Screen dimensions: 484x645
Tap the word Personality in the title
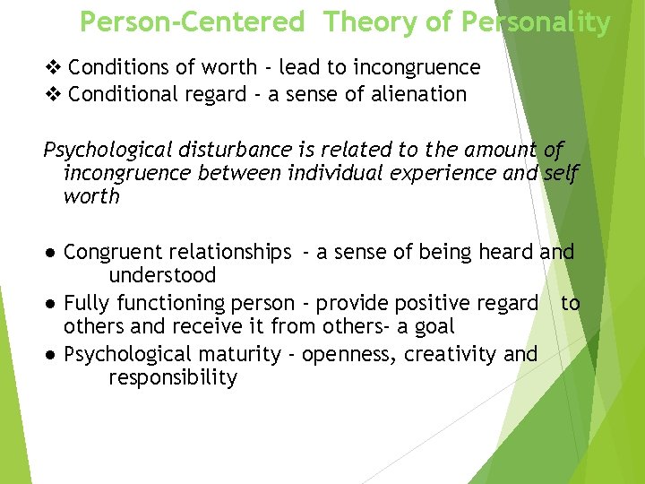point(536,22)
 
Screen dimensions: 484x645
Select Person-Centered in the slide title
point(192,22)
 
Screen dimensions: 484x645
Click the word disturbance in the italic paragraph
point(245,150)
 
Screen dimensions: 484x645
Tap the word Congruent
point(114,253)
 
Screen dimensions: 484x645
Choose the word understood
point(162,276)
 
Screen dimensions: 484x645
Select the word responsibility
point(173,377)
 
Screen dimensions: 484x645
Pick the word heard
point(506,253)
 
